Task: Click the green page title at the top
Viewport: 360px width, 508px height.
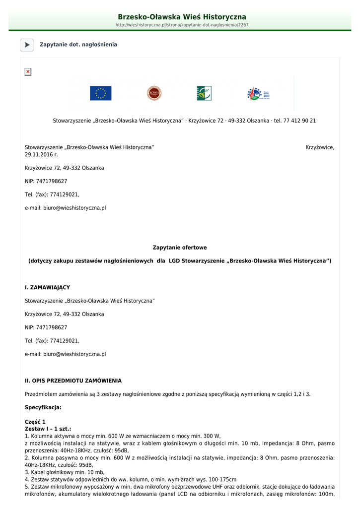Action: tap(182, 17)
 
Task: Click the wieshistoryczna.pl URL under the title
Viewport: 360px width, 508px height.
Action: tap(182, 25)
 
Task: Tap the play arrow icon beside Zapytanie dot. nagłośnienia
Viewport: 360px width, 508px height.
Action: tap(27, 45)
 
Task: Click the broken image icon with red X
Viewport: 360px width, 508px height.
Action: tap(28, 72)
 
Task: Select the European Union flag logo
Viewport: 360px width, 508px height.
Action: tap(100, 93)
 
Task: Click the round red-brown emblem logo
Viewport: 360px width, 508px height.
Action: tap(154, 93)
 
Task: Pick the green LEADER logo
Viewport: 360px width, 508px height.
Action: tap(204, 93)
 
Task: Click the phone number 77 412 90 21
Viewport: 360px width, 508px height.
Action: tap(300, 121)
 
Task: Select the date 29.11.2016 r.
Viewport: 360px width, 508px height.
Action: tap(41, 155)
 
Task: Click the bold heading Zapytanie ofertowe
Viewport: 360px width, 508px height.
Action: tap(180, 248)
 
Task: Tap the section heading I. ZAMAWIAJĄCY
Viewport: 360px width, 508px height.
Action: tap(47, 288)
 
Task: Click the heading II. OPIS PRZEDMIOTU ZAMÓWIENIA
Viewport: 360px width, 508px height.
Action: tap(73, 381)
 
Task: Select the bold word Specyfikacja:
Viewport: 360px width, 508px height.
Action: tap(43, 407)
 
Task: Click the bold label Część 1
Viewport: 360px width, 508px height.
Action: tap(35, 422)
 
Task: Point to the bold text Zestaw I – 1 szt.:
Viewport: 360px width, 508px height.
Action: tap(48, 429)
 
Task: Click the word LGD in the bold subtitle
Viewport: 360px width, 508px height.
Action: tap(174, 261)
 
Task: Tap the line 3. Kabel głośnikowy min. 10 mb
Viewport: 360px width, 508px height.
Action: tap(65, 473)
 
